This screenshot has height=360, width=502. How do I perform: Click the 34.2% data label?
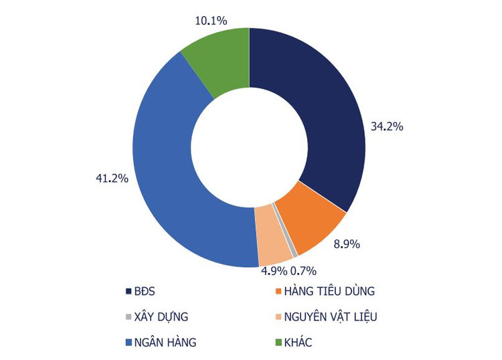click(x=387, y=126)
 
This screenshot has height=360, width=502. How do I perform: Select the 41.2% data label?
click(x=112, y=179)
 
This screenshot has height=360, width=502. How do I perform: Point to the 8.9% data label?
click(x=347, y=244)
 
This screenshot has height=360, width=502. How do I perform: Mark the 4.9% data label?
click(x=273, y=270)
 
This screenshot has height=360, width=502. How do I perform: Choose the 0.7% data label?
click(x=303, y=270)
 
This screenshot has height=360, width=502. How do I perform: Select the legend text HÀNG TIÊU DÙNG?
click(x=329, y=292)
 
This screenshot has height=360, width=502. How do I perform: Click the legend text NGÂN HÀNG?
click(x=165, y=343)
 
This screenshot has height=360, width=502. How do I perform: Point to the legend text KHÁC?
click(x=298, y=343)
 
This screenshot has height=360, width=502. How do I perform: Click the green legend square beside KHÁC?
click(x=278, y=343)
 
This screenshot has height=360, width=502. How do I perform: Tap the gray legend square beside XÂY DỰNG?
click(x=128, y=317)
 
